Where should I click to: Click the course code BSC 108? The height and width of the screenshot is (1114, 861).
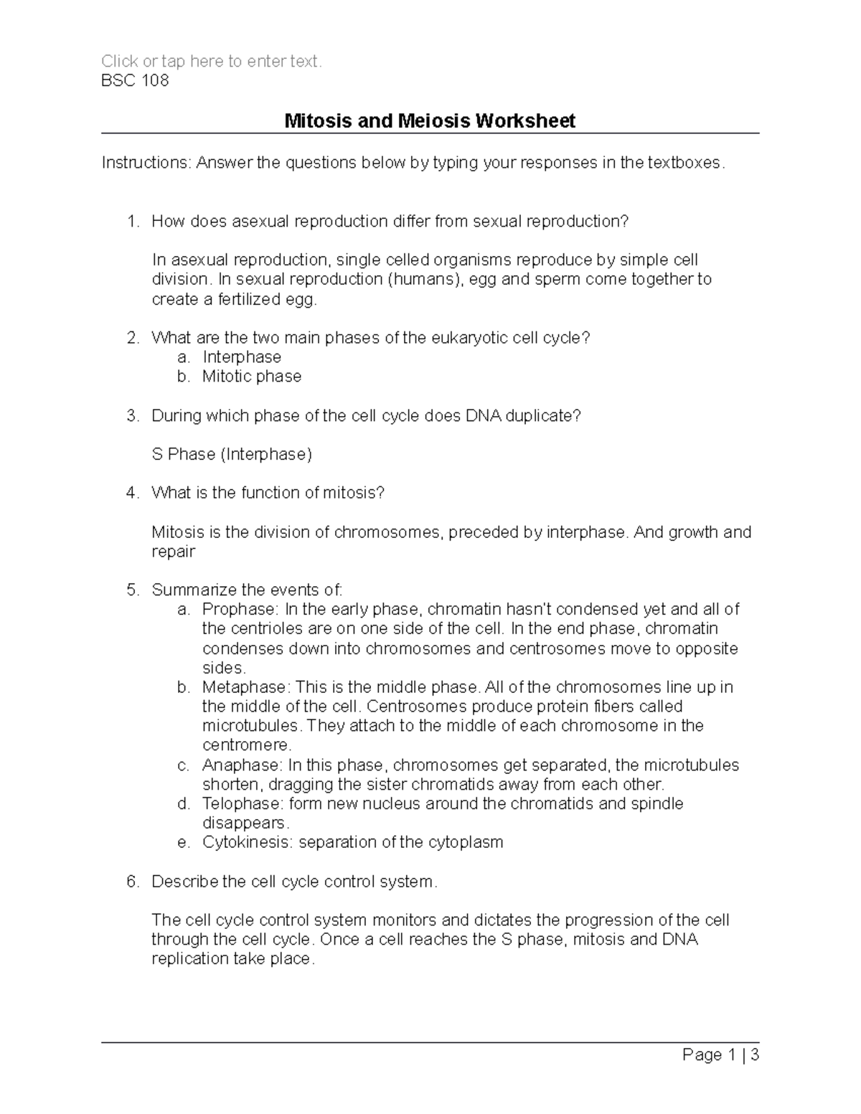pos(135,80)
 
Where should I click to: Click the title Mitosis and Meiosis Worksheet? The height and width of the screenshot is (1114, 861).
pos(430,121)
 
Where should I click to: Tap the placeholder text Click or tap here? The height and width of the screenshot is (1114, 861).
pos(211,61)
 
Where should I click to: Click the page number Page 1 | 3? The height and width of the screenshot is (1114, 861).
pos(720,1054)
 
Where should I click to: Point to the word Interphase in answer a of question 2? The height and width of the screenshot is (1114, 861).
pos(242,357)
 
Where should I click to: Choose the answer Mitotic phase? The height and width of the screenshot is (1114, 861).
pos(252,377)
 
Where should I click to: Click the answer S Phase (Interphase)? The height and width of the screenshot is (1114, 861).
pos(232,454)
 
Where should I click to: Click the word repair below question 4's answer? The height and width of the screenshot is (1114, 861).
pos(173,552)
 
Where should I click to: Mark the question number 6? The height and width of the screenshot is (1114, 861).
pos(131,882)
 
